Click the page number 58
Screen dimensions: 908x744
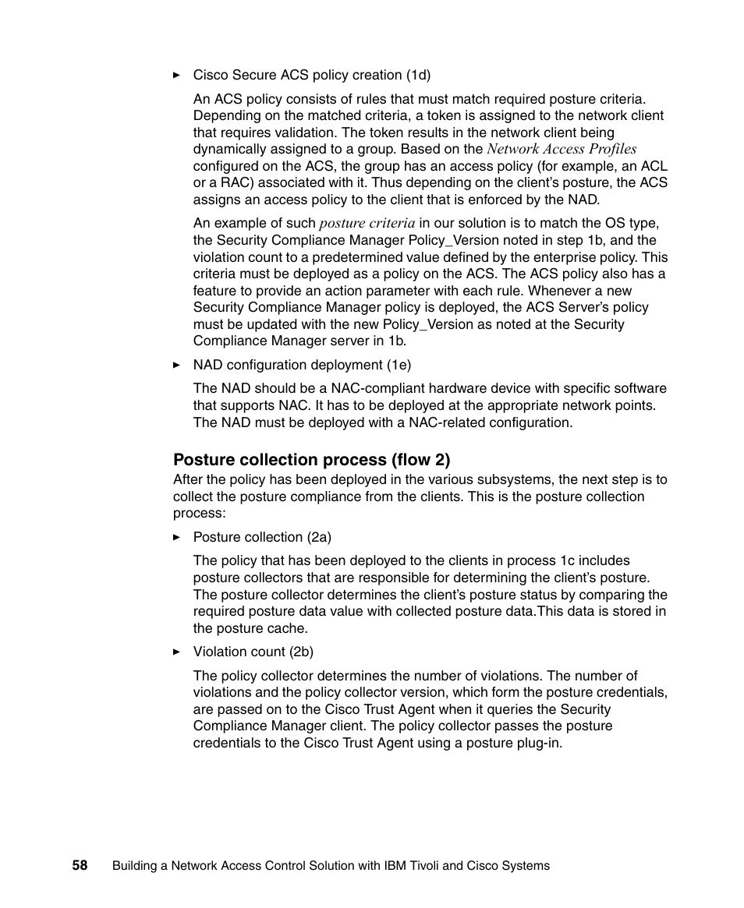[80, 865]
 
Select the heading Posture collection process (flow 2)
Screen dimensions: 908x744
[311, 460]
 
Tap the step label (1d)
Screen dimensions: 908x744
[418, 76]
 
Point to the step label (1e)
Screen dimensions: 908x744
[399, 365]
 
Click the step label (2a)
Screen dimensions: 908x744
[319, 538]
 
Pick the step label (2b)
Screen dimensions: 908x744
[301, 652]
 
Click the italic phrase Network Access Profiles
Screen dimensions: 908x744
[562, 149]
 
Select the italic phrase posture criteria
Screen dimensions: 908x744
[367, 224]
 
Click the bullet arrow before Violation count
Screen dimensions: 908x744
[177, 652]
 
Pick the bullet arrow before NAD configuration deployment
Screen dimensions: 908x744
[177, 365]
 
